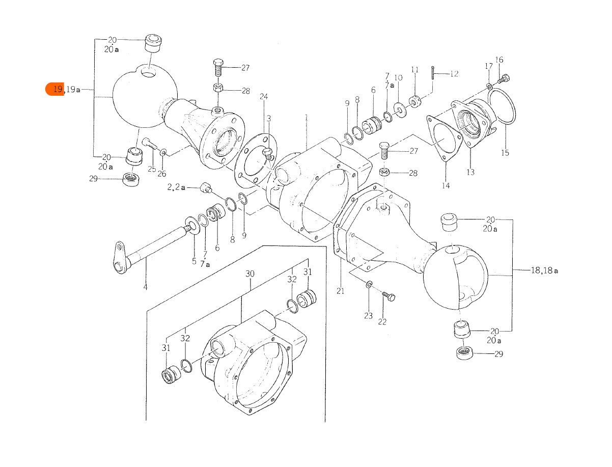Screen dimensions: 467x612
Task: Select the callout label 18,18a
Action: (544, 270)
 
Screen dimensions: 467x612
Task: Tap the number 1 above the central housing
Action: (307, 117)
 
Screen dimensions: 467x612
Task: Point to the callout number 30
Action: (249, 274)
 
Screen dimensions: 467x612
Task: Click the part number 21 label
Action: (340, 291)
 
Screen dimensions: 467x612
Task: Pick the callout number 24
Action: (264, 97)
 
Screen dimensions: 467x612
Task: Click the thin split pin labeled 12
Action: (432, 72)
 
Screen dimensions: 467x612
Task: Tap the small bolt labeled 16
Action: (505, 78)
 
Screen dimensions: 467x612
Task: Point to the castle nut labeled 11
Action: (415, 100)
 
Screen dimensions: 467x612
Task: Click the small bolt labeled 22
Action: (389, 296)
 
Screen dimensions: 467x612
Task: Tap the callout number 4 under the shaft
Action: (145, 287)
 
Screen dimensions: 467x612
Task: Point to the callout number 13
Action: (470, 172)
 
